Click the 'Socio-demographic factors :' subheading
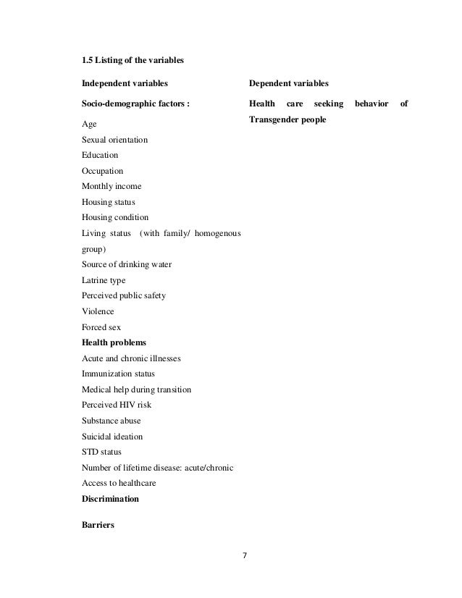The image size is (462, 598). tap(135, 104)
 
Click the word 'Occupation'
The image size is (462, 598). tap(103, 171)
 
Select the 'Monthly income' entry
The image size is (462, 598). tap(112, 187)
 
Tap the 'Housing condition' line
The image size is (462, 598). tap(115, 218)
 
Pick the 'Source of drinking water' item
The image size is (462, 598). tap(127, 264)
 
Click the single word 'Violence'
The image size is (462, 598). tap(98, 311)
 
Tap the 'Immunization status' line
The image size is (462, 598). tap(118, 374)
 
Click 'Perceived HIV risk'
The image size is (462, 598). tap(117, 405)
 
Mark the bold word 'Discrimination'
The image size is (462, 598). tap(111, 500)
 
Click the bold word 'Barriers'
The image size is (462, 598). tap(99, 526)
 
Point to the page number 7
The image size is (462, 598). tap(245, 556)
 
